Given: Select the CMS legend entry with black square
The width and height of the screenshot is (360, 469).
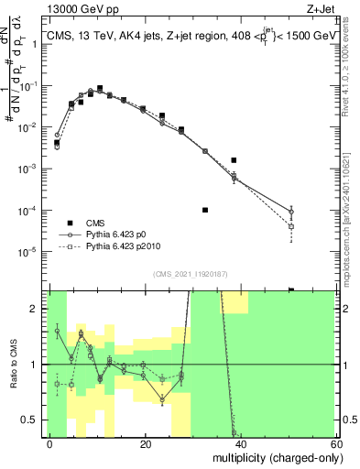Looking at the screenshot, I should click(95, 223).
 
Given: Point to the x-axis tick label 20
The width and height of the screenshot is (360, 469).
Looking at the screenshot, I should click(146, 444).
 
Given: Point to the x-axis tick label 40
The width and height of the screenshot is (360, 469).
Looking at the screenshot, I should click(240, 444).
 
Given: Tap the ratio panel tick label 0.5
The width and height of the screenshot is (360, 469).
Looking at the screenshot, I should click(31, 420).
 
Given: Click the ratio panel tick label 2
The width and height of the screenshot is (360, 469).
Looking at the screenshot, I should click(35, 309).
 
